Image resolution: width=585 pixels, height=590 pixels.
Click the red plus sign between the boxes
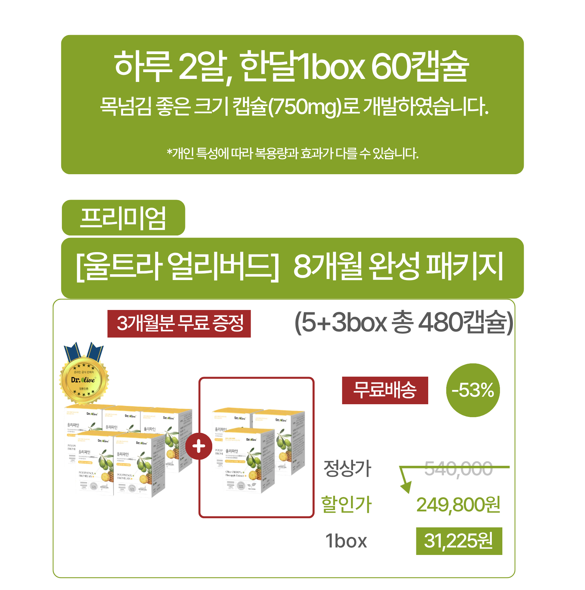click(199, 446)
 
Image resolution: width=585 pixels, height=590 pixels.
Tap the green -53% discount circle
click(473, 390)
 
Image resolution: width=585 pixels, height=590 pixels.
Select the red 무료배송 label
click(385, 390)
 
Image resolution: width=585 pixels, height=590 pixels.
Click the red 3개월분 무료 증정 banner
click(179, 324)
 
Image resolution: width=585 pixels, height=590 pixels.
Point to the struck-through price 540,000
click(458, 469)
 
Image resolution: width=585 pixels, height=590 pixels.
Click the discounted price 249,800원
click(458, 505)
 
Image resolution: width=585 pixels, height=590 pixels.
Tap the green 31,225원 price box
click(459, 541)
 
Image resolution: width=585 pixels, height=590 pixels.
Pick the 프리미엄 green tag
click(123, 218)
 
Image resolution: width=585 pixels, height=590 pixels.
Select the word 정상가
click(347, 469)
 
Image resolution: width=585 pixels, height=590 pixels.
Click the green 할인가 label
click(347, 505)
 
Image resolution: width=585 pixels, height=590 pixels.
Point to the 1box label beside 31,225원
click(346, 541)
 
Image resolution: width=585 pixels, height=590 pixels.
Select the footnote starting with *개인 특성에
click(292, 153)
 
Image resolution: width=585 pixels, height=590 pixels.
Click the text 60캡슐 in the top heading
click(420, 66)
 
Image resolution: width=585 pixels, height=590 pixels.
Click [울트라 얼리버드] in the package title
click(177, 266)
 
